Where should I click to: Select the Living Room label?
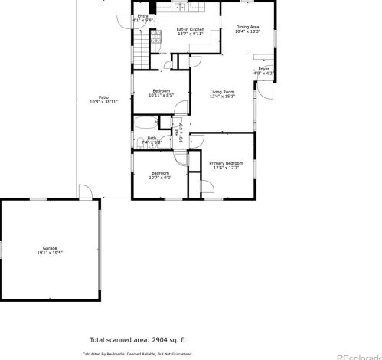pos(223,92)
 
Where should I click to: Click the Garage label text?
pos(50,248)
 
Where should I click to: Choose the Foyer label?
pos(263,69)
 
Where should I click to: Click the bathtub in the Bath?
pos(145,123)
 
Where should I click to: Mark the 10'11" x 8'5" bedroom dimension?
pos(161,95)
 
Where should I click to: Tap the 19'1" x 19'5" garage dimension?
pos(50,253)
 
